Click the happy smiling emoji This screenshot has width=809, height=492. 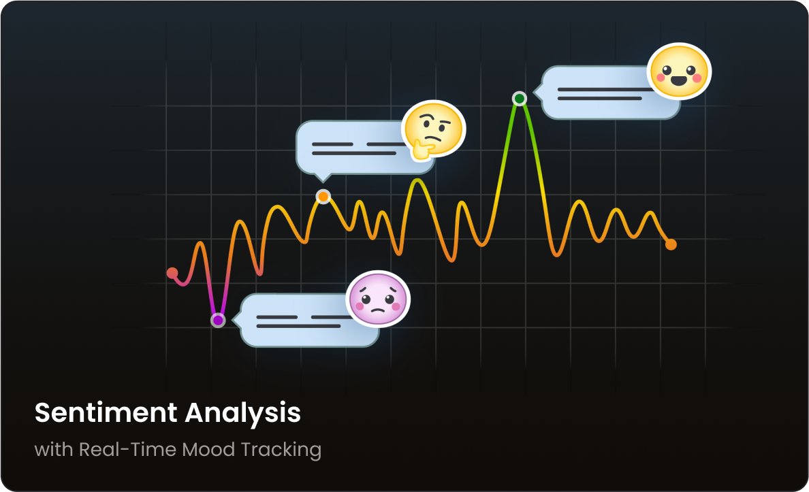(x=679, y=71)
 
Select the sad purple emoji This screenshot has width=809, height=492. (x=378, y=299)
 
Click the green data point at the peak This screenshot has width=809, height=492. (x=520, y=98)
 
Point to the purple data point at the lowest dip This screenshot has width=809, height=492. (x=218, y=321)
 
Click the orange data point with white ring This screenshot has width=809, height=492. (x=323, y=197)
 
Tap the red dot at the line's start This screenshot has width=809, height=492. (x=172, y=273)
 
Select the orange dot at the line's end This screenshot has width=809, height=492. (x=671, y=244)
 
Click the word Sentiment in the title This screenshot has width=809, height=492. (x=106, y=412)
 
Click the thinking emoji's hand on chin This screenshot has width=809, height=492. (x=423, y=150)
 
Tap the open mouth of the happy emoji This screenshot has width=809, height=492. (x=679, y=80)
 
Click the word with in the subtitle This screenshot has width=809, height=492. (x=54, y=449)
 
